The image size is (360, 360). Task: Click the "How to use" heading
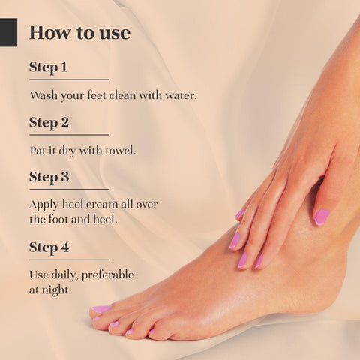pos(80,33)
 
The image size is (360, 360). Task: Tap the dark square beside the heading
pos(8,32)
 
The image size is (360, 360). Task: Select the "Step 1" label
pos(48,67)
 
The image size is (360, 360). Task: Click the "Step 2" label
pos(49,122)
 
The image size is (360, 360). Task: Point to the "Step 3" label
pos(49,177)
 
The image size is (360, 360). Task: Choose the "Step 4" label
pos(49,247)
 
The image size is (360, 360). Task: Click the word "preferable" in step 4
pos(108,275)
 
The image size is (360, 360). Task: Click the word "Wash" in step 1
pos(43,95)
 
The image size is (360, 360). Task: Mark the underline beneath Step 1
pos(69,79)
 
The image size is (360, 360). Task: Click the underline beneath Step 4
pos(69,259)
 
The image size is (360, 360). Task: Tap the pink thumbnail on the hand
pos(322,217)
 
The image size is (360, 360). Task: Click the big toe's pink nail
pos(100,309)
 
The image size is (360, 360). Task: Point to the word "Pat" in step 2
pos(35,151)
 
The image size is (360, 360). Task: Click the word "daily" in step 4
pos(64,275)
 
